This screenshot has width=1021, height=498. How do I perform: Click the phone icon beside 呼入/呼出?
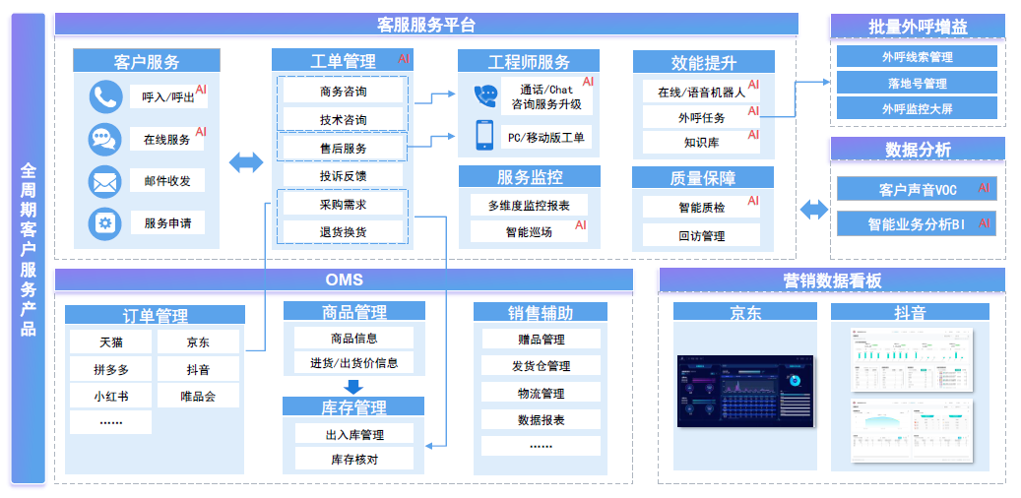pyautogui.click(x=105, y=96)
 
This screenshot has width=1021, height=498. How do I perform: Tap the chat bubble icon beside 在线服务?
pyautogui.click(x=105, y=139)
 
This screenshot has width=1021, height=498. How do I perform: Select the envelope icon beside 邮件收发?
pyautogui.click(x=105, y=181)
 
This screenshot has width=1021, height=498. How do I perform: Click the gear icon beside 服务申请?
pyautogui.click(x=105, y=223)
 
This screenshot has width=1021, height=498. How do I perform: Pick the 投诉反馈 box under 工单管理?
pyautogui.click(x=343, y=175)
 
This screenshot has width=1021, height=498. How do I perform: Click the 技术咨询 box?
pyautogui.click(x=343, y=119)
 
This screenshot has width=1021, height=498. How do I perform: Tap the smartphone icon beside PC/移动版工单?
pyautogui.click(x=485, y=136)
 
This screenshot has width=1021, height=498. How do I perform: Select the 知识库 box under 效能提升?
pyautogui.click(x=701, y=143)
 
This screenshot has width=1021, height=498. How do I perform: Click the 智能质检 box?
pyautogui.click(x=701, y=208)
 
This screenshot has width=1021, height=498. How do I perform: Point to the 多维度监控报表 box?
pyautogui.click(x=529, y=206)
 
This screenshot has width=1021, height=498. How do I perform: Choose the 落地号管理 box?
pyautogui.click(x=917, y=84)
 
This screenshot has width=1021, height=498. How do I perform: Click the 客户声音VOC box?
pyautogui.click(x=917, y=189)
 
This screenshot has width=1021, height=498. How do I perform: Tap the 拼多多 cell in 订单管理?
pyautogui.click(x=110, y=370)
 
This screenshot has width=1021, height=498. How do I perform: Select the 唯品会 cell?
pyautogui.click(x=197, y=397)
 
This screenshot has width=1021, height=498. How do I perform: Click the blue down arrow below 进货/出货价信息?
pyautogui.click(x=353, y=386)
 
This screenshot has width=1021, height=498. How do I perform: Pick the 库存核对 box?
pyautogui.click(x=353, y=459)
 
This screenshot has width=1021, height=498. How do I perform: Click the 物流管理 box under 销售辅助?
pyautogui.click(x=541, y=393)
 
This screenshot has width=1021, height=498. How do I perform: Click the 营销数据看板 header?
pyautogui.click(x=832, y=280)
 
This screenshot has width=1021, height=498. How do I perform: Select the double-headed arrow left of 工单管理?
pyautogui.click(x=246, y=162)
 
